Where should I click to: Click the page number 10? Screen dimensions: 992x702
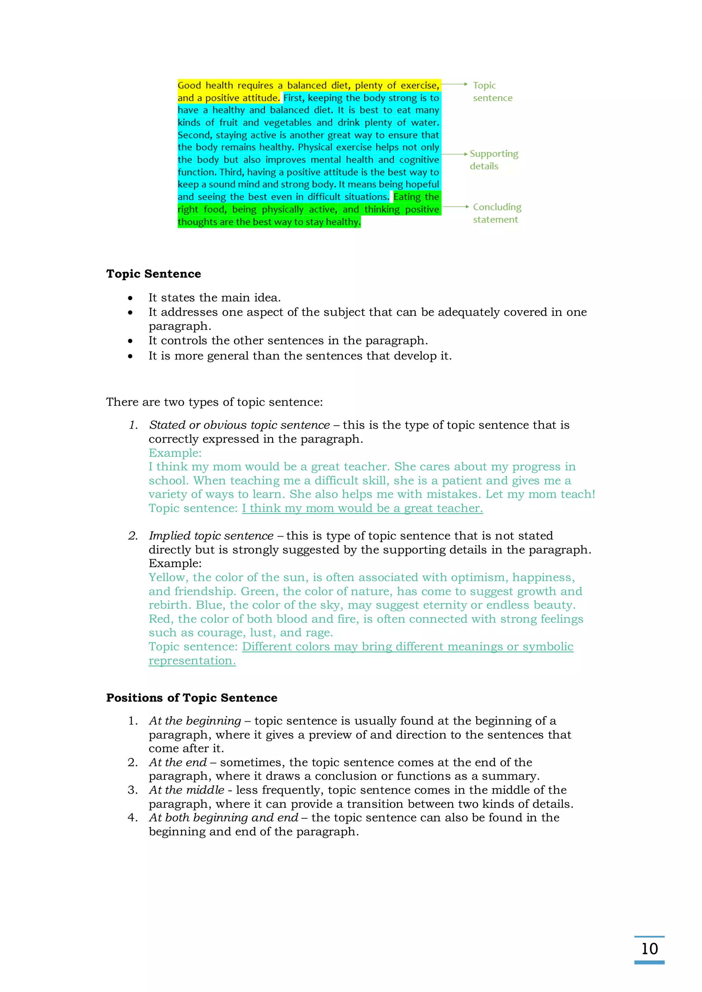pos(649,948)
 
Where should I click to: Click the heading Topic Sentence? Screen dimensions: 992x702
pos(154,274)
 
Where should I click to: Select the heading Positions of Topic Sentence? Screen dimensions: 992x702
pos(192,698)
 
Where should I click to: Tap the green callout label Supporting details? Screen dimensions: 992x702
pos(493,160)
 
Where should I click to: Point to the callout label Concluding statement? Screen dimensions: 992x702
pos(497,213)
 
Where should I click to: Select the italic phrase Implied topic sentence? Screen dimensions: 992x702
pos(211,536)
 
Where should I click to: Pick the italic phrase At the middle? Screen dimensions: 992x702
pos(186,790)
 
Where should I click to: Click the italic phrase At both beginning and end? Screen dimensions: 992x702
pos(223,818)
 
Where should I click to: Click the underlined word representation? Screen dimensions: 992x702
pos(192,661)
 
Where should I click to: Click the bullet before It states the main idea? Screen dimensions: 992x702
pos(130,298)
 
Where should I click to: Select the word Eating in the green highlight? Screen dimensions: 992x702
pos(407,197)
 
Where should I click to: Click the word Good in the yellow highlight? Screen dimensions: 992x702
pos(189,86)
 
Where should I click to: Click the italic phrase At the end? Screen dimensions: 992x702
pos(178,762)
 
